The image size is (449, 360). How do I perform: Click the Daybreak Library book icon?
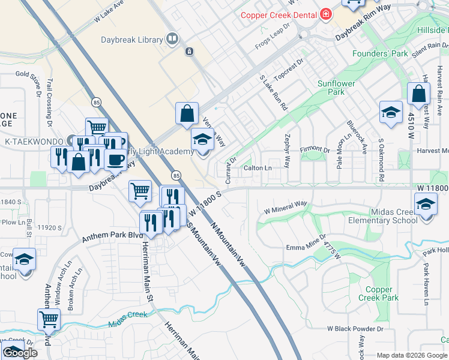pyautogui.click(x=172, y=40)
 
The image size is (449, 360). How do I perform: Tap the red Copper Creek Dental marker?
pyautogui.click(x=326, y=14)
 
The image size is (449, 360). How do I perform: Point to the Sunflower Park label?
pyautogui.click(x=336, y=88)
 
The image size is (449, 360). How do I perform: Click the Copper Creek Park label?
pyautogui.click(x=378, y=293)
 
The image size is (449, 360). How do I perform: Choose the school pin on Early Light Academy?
pyautogui.click(x=202, y=140)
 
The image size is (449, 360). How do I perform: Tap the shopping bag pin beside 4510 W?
pyautogui.click(x=418, y=95)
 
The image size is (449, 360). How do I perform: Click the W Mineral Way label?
pyautogui.click(x=286, y=208)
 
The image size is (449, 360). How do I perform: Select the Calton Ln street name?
pyautogui.click(x=258, y=168)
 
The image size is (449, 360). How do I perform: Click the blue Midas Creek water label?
pyautogui.click(x=128, y=319)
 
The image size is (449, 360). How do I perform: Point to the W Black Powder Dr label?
pyautogui.click(x=355, y=329)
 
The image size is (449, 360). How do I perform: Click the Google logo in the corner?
pyautogui.click(x=20, y=353)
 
